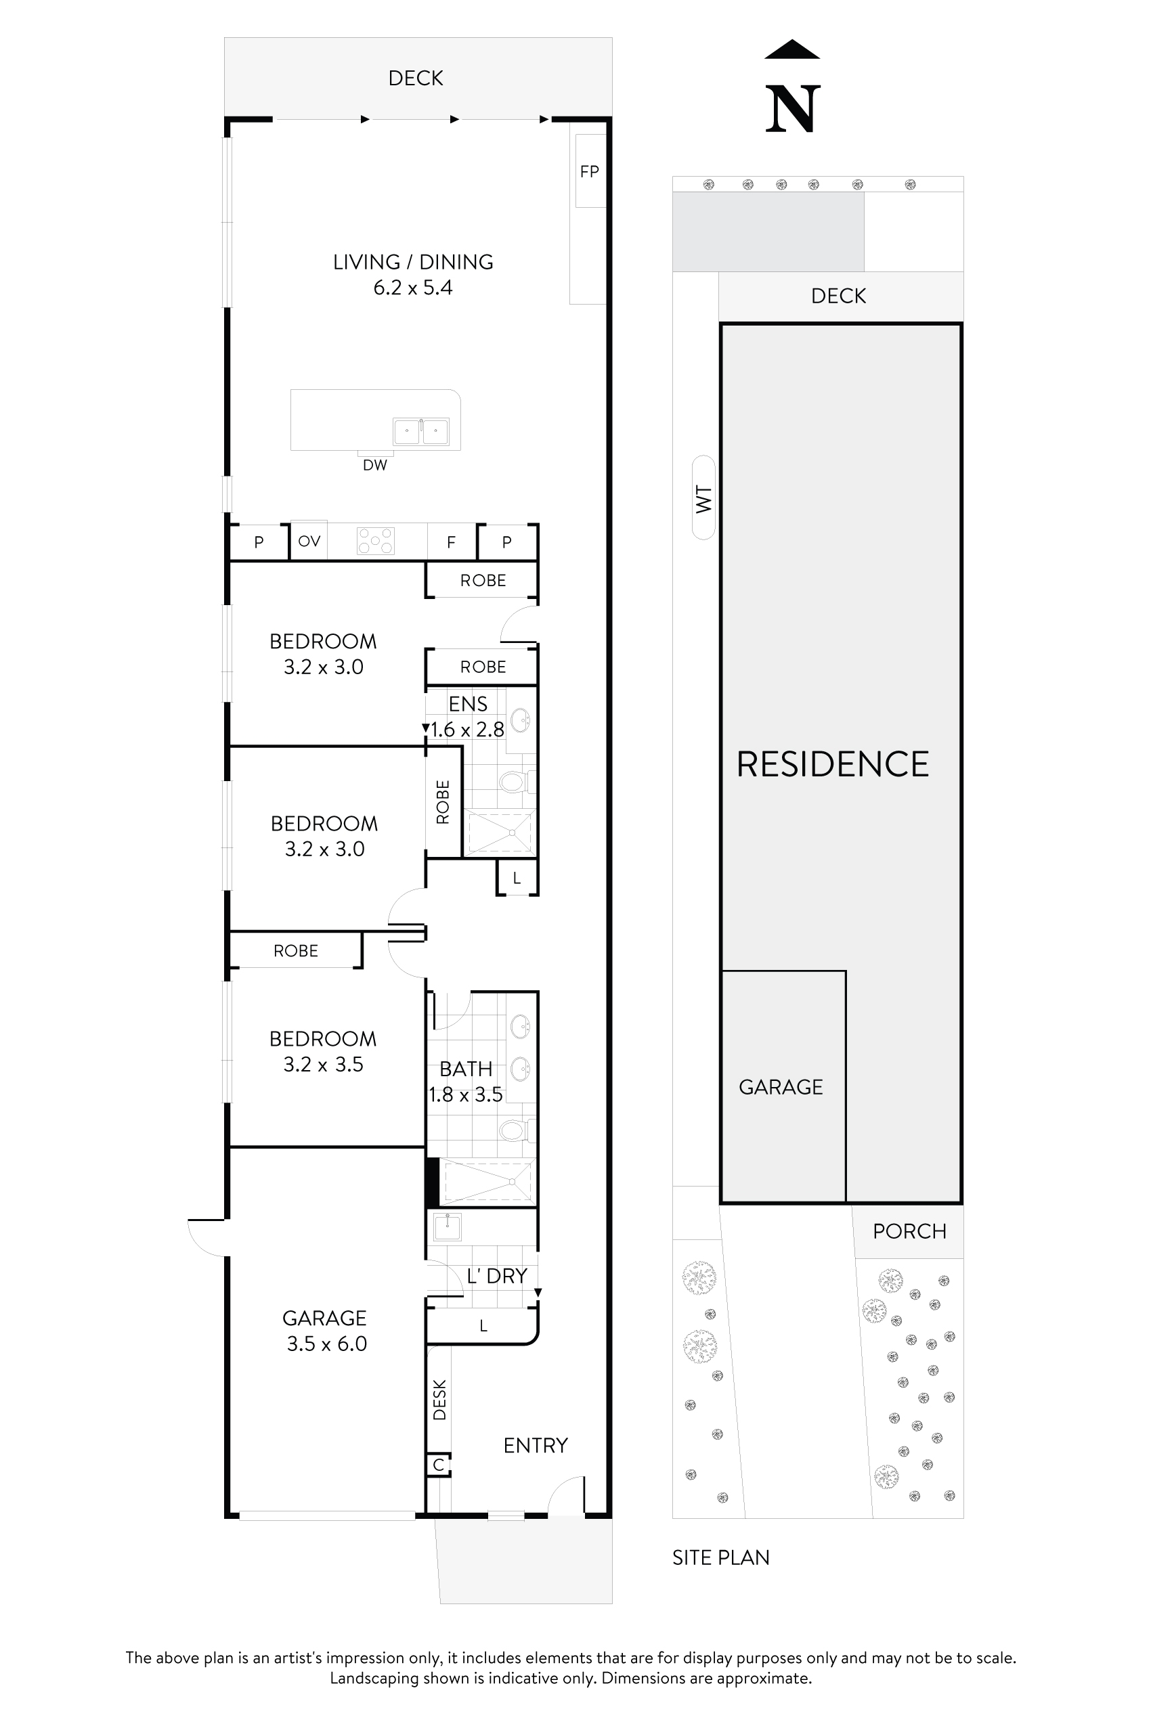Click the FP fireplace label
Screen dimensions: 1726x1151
(x=590, y=172)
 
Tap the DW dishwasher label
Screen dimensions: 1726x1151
(x=374, y=464)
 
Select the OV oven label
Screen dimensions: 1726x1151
(x=309, y=541)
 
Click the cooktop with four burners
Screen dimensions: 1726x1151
(x=376, y=541)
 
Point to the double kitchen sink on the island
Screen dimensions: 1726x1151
(x=420, y=432)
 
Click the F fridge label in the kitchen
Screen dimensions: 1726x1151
(x=451, y=542)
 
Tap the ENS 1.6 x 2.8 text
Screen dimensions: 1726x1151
(x=468, y=717)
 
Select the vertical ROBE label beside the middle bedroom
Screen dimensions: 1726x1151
(x=443, y=802)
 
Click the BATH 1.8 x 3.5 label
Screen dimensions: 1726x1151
(x=466, y=1082)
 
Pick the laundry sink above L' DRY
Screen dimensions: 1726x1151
(x=447, y=1226)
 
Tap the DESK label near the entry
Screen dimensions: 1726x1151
(x=439, y=1400)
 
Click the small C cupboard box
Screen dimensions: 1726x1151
(x=439, y=1465)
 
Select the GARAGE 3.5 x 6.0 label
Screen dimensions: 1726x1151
(x=325, y=1331)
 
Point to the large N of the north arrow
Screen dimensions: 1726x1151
(x=792, y=110)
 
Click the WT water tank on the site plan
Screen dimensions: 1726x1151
(x=703, y=498)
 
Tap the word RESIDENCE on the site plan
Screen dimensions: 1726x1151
(x=832, y=765)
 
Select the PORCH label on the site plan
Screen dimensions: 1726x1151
(x=909, y=1231)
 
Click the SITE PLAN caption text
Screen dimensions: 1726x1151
(x=721, y=1557)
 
